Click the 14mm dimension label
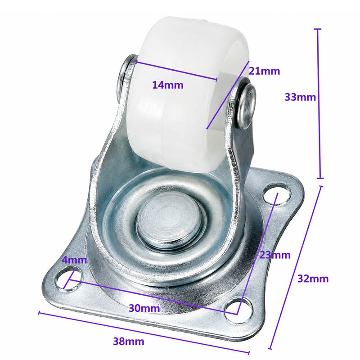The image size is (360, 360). coord(168,85)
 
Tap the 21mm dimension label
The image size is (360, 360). coord(265,71)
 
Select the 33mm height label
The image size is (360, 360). coord(300,97)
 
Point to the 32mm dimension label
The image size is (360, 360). coord(313,279)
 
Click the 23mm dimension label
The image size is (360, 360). coord(275,255)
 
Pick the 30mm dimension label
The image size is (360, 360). coord(144,308)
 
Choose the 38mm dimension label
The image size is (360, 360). coord(129,342)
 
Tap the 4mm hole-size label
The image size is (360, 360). coord(75,260)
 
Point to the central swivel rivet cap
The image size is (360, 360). coord(170,220)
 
